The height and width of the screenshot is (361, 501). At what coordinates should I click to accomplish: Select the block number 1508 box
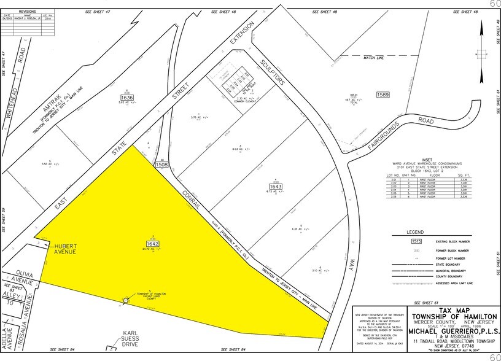(x=163, y=165)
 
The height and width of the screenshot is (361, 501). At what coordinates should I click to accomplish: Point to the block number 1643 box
(x=275, y=186)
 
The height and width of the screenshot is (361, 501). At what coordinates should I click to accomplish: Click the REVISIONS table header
(x=28, y=11)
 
